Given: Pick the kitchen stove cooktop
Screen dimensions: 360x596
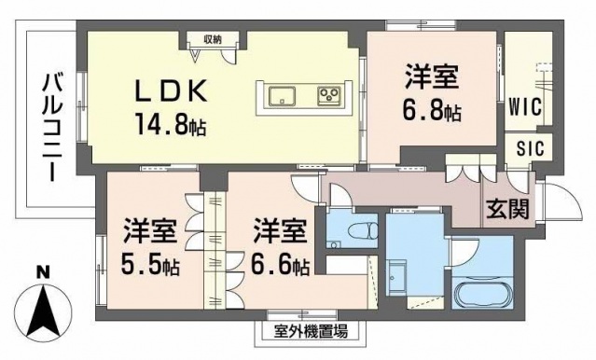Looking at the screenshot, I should click(x=329, y=94).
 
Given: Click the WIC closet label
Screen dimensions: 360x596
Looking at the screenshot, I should click(x=525, y=108).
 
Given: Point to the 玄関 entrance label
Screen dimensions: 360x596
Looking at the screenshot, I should click(x=507, y=207).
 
